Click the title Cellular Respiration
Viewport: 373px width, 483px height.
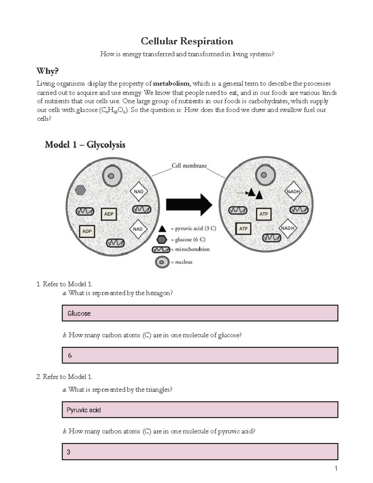pos(187,41)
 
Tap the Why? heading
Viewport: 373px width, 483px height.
pos(47,71)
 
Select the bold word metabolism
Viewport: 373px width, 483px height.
pos(171,83)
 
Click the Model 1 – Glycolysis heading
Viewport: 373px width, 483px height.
pos(85,145)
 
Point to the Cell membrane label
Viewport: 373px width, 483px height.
pos(189,166)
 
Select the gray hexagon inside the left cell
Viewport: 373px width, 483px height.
pos(81,190)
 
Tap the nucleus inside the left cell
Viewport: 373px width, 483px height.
pos(111,176)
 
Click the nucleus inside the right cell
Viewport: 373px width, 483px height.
pos(264,175)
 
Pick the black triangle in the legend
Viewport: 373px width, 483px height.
pos(162,229)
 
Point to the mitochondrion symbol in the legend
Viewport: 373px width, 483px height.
pos(161,249)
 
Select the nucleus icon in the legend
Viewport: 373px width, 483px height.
pos(162,262)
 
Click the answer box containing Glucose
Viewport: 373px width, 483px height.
pos(200,313)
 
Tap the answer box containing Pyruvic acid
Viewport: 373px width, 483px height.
pos(200,410)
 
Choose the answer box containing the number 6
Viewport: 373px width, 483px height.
pos(200,355)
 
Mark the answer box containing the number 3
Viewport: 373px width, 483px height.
pos(200,452)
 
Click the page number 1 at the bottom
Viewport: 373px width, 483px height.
pos(336,468)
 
